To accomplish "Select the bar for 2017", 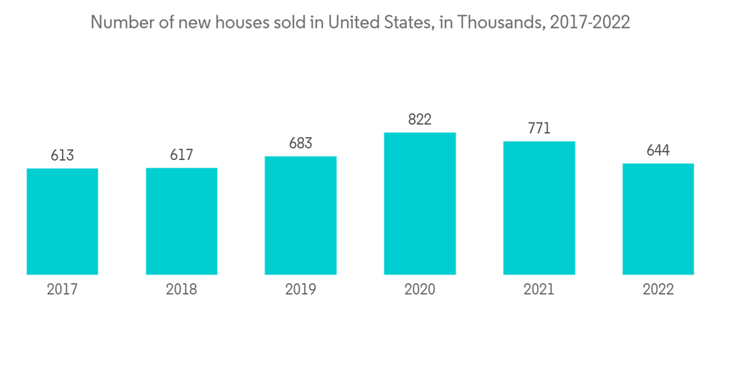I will click(62, 221).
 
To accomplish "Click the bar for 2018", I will click(182, 221).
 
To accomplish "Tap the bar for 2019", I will click(300, 215).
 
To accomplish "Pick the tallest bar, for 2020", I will click(420, 203).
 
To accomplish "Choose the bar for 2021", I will click(539, 207).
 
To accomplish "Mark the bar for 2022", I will click(658, 219).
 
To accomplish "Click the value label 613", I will click(62, 156).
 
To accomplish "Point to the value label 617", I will click(182, 155).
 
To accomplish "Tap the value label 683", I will click(300, 143).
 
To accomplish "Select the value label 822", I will click(420, 120).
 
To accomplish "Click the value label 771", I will click(539, 129).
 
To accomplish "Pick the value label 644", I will click(658, 150).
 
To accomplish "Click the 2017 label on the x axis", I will click(62, 290).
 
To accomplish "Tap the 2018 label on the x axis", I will click(182, 290).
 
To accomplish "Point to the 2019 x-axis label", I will click(300, 290).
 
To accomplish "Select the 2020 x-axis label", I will click(420, 290).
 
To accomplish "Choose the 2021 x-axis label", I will click(539, 290).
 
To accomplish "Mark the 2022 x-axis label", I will click(658, 290).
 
